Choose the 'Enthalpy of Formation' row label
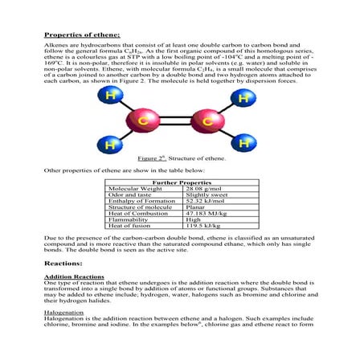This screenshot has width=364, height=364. tap(141, 204)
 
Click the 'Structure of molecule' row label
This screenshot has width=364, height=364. tap(141, 211)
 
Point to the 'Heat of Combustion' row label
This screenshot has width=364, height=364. tap(138, 219)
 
